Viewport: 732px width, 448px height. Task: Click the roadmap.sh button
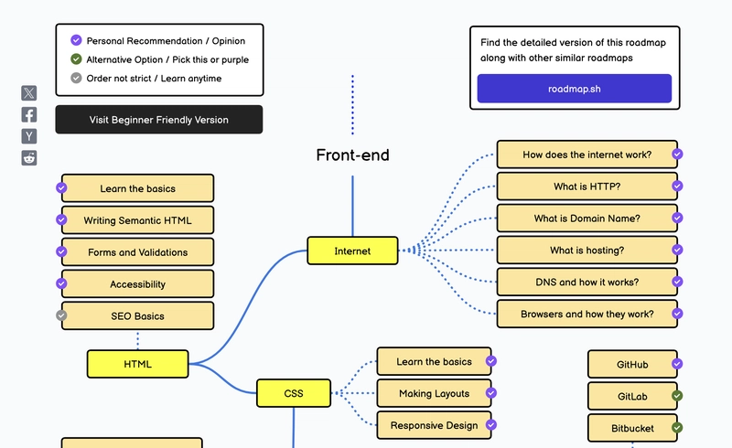574,89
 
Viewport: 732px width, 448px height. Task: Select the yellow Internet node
352,251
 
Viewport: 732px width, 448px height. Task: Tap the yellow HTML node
137,364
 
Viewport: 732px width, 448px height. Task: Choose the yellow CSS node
293,393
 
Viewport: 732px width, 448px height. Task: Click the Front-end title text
352,155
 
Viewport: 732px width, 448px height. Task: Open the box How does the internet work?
587,155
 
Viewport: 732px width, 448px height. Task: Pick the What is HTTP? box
587,187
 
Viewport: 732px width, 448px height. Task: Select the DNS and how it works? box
587,283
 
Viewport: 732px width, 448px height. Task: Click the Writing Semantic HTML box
137,220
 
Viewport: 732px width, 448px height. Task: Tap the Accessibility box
137,284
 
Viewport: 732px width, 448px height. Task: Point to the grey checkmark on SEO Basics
62,315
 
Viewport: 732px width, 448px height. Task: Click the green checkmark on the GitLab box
677,396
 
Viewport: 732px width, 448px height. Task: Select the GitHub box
632,365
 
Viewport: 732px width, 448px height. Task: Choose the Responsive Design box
434,425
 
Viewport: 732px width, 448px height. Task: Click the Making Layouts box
434,393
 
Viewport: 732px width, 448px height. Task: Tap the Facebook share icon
29,114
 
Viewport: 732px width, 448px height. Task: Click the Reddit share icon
29,158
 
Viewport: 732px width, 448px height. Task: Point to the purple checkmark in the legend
76,40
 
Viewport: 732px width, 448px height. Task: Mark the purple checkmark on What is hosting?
677,251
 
